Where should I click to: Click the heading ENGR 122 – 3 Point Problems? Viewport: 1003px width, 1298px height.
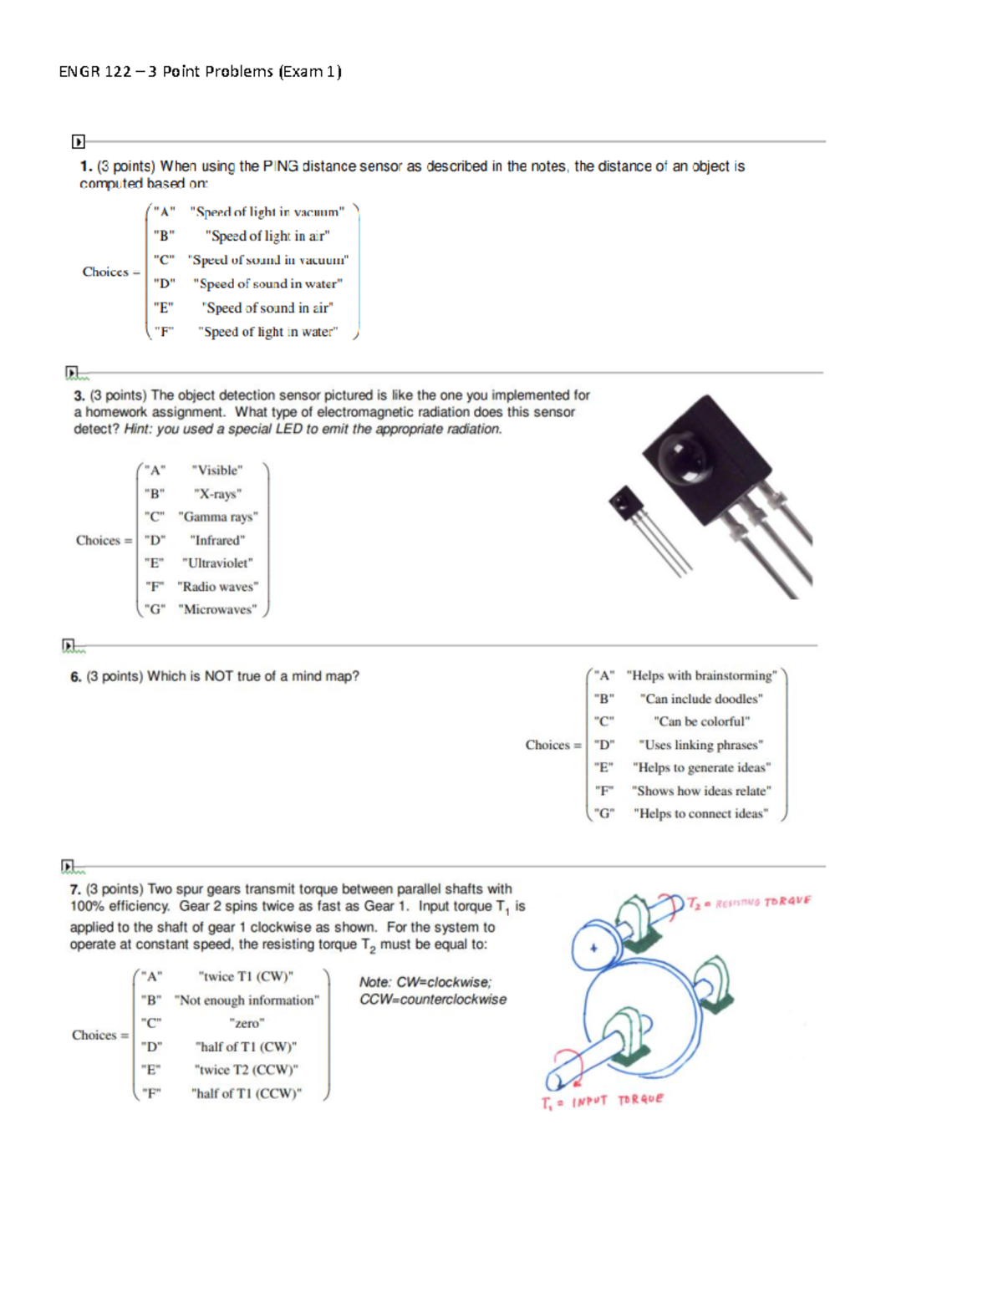(x=200, y=72)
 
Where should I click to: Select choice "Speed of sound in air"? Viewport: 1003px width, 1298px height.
(x=267, y=308)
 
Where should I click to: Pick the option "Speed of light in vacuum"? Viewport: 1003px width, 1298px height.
(x=267, y=212)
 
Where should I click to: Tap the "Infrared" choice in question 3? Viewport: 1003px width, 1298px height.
(x=217, y=540)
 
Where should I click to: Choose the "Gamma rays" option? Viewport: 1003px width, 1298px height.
(x=218, y=517)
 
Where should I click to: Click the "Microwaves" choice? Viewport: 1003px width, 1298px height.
(x=218, y=609)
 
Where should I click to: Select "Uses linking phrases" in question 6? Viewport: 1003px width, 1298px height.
(x=700, y=745)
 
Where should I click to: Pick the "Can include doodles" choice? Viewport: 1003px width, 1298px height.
(x=701, y=699)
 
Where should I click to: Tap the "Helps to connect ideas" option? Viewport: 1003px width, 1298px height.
(x=700, y=813)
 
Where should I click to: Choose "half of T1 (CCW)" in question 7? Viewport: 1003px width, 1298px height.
(x=247, y=1093)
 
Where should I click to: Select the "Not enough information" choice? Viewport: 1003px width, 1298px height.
(x=247, y=1000)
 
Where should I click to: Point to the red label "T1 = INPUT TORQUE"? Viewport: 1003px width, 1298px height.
(x=602, y=1102)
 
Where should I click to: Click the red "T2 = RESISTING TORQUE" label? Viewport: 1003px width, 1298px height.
(x=749, y=902)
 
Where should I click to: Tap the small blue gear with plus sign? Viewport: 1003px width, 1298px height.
(x=594, y=948)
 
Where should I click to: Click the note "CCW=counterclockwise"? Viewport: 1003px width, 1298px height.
(x=433, y=1000)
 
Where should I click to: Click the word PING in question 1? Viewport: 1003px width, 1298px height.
(x=280, y=166)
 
